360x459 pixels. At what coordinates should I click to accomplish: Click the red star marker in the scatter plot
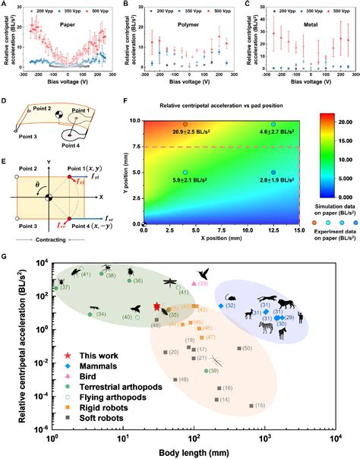156,307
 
